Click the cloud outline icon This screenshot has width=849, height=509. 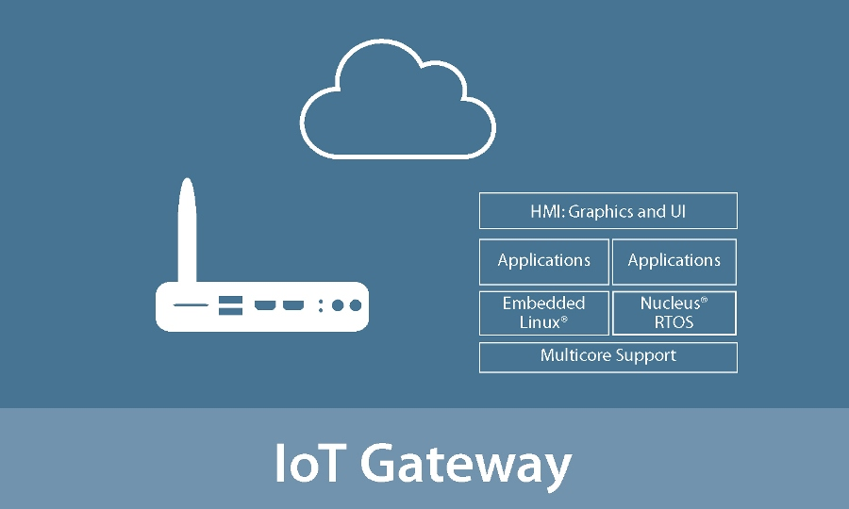(396, 104)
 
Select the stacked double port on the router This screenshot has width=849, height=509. (230, 305)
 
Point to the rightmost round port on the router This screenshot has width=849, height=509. (355, 305)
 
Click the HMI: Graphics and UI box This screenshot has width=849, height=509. (608, 211)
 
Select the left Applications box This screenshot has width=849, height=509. (544, 261)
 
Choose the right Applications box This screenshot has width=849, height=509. (674, 261)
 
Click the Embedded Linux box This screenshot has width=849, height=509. (544, 313)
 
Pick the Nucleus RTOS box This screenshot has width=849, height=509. (674, 313)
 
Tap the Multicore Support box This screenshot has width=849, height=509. (608, 356)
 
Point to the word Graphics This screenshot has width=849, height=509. (603, 212)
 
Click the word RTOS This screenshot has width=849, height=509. (674, 322)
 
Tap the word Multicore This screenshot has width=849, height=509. (575, 355)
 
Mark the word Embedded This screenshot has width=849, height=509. (543, 304)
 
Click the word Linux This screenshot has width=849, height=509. (541, 322)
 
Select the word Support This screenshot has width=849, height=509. (645, 356)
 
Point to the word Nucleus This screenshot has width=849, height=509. (671, 304)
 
